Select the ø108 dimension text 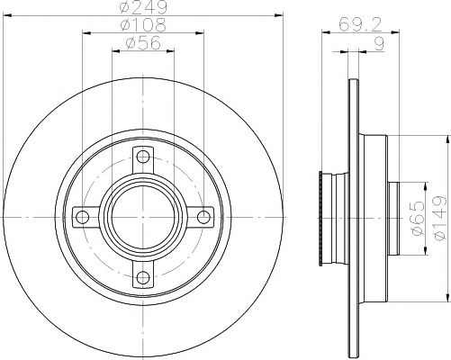pos(143,25)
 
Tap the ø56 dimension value pos(143,43)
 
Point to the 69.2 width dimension pos(360,24)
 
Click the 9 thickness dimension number pos(380,44)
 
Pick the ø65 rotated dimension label pos(418,218)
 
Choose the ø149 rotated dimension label pos(441,218)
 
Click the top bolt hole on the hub pos(143,157)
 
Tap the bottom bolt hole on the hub pos(143,277)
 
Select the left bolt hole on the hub pos(82,217)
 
